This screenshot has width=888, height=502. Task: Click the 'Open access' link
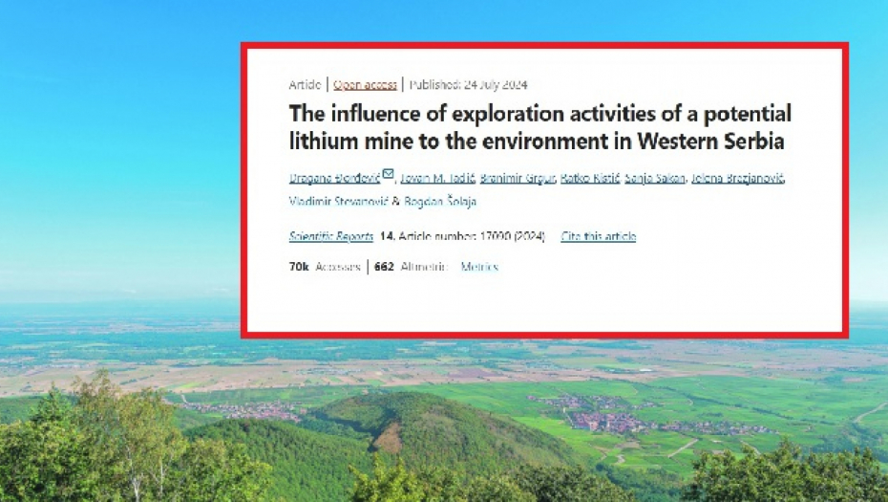pyautogui.click(x=365, y=85)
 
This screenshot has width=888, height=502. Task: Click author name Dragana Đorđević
pyautogui.click(x=334, y=178)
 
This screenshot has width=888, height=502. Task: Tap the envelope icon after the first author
pyautogui.click(x=388, y=175)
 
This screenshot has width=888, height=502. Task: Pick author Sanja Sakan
pyautogui.click(x=655, y=178)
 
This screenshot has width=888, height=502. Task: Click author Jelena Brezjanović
pyautogui.click(x=739, y=178)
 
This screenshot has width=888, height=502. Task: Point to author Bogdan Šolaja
pyautogui.click(x=441, y=201)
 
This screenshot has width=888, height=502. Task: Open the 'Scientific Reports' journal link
pyautogui.click(x=331, y=236)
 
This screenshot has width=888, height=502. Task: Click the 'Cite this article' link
pyautogui.click(x=598, y=236)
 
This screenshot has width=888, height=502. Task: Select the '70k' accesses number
pyautogui.click(x=299, y=267)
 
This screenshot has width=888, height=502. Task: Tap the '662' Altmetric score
pyautogui.click(x=384, y=267)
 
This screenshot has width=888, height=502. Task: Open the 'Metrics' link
pyautogui.click(x=479, y=267)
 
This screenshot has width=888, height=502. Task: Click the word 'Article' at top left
pyautogui.click(x=305, y=85)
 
